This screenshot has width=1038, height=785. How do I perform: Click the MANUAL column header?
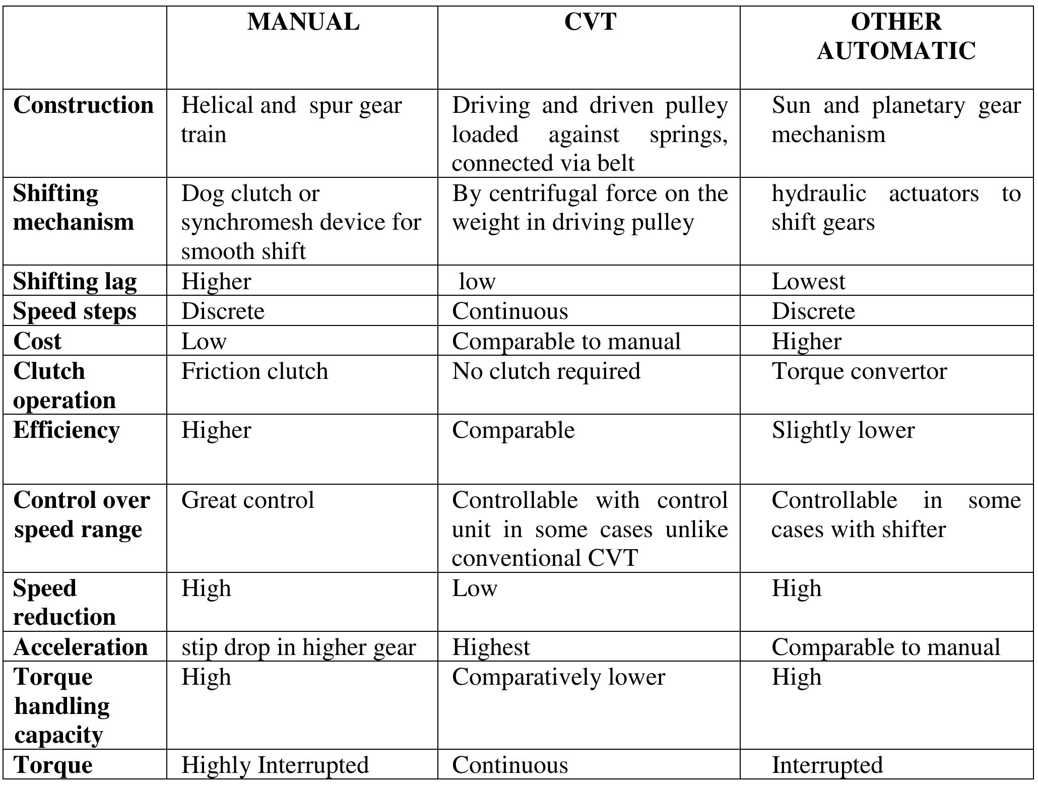point(303,22)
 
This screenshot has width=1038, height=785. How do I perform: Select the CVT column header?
point(590,22)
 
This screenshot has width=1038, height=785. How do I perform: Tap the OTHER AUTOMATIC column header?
point(896,36)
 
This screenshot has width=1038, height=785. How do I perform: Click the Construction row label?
point(84,105)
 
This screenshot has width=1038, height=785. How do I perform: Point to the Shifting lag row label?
point(75,281)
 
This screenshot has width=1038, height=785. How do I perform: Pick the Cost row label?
point(37,341)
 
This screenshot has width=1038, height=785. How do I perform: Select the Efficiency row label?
point(67,430)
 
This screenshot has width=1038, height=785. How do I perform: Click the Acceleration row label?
point(81,647)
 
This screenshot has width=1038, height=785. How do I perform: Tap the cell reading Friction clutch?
point(254,371)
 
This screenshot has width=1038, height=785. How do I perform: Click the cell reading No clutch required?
point(546,371)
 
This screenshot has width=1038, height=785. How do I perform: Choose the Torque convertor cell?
point(859,371)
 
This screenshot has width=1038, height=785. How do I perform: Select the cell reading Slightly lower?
point(843,430)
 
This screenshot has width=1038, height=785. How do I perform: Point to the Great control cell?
point(247,500)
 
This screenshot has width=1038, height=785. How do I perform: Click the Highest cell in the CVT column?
point(491,647)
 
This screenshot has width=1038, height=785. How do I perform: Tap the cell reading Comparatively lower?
point(558,677)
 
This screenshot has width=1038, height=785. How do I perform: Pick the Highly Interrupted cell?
point(275,765)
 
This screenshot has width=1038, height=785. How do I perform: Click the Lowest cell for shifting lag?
point(808,281)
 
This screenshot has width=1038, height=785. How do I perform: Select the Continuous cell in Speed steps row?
point(510,311)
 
